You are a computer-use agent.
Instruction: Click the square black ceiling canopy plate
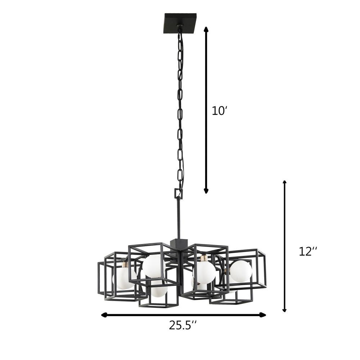[x=180, y=23]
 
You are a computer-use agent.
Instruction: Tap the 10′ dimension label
[x=219, y=111]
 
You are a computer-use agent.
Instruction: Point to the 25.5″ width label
[x=183, y=325]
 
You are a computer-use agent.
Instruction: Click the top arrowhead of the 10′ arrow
[x=206, y=29]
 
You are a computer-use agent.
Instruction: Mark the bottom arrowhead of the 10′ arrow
[x=206, y=191]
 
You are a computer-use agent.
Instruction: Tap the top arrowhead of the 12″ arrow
[x=284, y=183]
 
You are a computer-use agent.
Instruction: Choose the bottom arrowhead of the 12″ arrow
[x=284, y=310]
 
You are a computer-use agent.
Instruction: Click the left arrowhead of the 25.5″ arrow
[x=104, y=315]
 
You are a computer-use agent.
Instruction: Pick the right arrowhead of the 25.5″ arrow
[x=263, y=315]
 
